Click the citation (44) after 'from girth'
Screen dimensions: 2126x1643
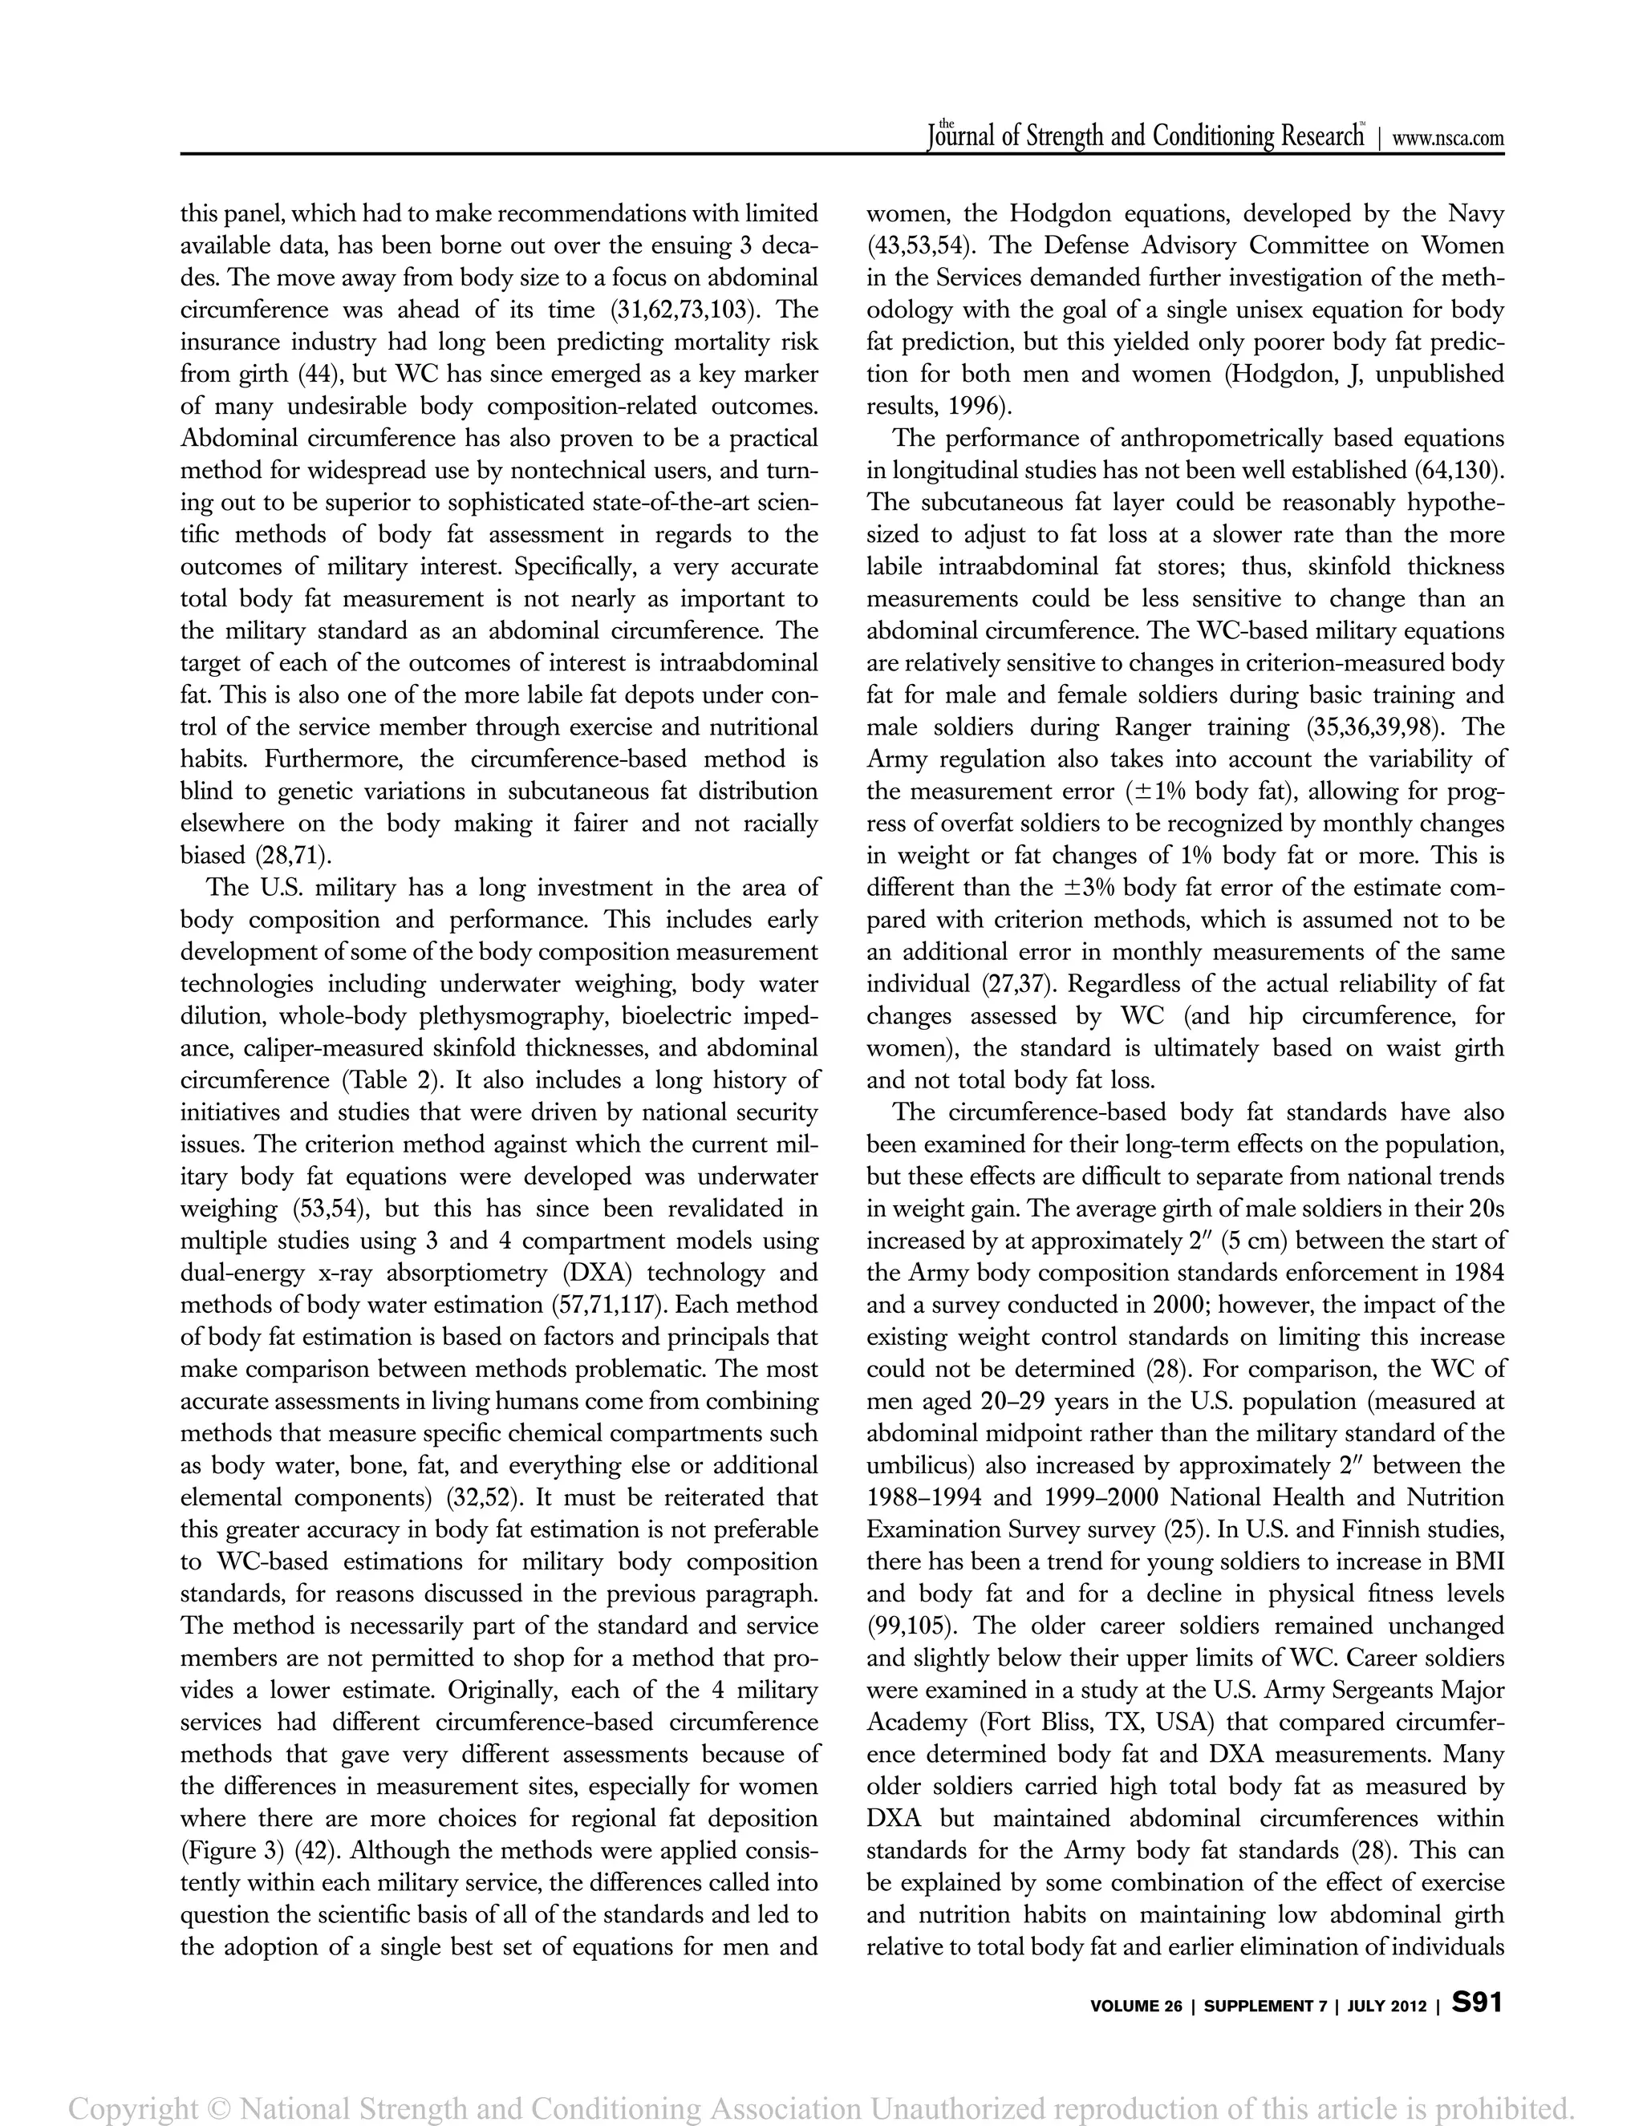tap(318, 375)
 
